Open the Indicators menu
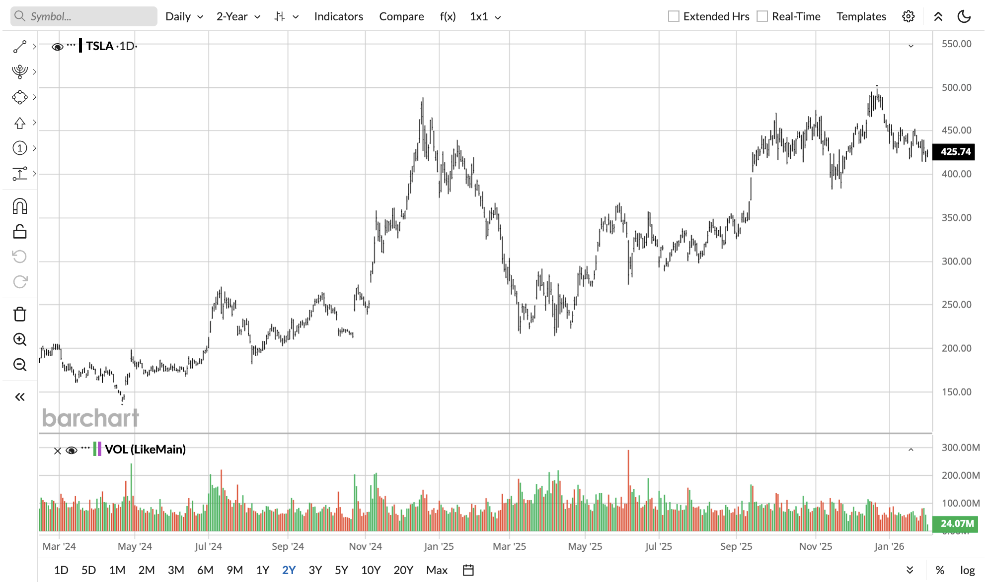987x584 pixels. tap(338, 16)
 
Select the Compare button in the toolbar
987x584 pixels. tap(401, 16)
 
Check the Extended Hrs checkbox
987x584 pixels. tap(674, 16)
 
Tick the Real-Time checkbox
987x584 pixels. tap(762, 16)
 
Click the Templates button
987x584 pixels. tap(861, 16)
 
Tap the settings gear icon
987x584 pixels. tap(908, 16)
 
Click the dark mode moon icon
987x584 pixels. tap(964, 16)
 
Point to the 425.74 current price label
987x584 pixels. tap(955, 152)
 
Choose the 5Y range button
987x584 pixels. tap(341, 570)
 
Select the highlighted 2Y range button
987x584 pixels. tap(289, 570)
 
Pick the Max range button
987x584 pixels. tap(437, 570)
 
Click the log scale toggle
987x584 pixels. tap(967, 570)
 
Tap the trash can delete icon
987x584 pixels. tap(20, 314)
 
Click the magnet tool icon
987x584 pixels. tap(20, 206)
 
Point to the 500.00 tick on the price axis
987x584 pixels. tap(956, 87)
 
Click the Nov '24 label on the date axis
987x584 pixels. tap(365, 546)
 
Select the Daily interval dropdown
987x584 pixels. tap(184, 16)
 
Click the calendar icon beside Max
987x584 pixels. tap(468, 570)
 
